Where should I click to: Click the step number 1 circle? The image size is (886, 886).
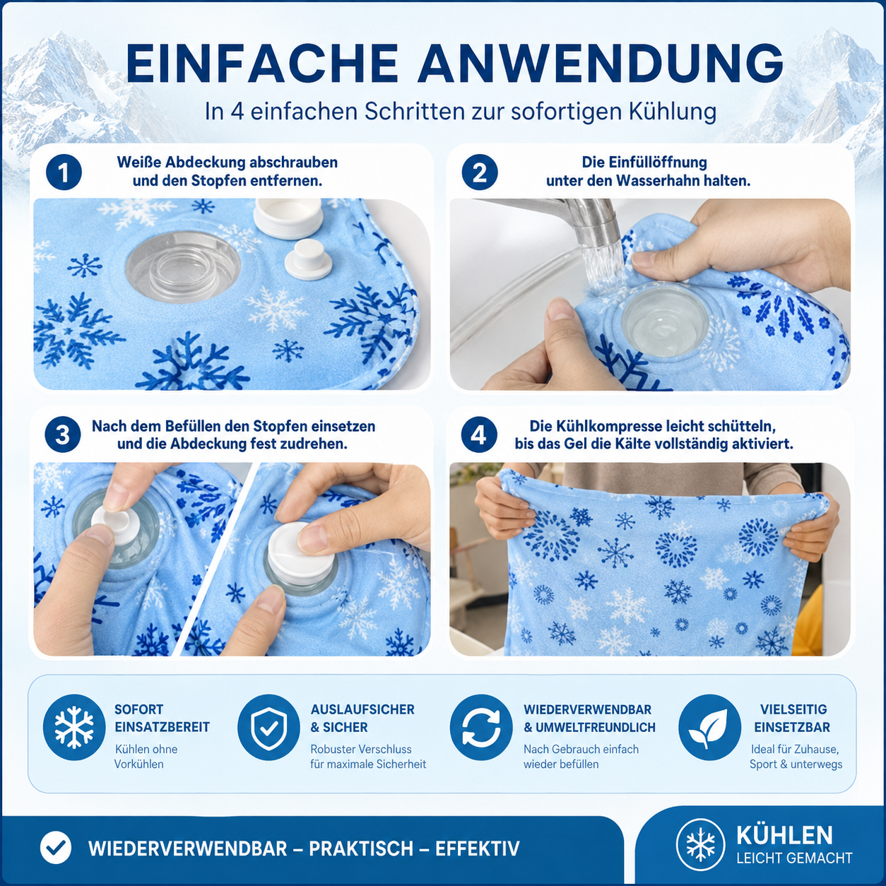click(x=64, y=172)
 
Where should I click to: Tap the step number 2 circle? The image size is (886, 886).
click(x=480, y=172)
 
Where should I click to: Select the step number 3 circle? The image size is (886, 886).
click(x=63, y=435)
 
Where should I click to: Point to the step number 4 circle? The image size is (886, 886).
click(x=478, y=435)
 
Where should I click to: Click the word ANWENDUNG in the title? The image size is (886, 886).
click(x=601, y=63)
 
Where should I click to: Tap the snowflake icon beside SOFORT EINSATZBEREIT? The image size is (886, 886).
click(x=74, y=727)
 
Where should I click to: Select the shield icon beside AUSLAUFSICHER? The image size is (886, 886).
click(x=268, y=727)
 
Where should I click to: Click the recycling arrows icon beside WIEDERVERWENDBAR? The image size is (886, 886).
click(x=481, y=727)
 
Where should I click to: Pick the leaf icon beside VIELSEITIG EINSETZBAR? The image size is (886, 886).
click(x=709, y=727)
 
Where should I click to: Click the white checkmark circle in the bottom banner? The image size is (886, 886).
click(x=56, y=848)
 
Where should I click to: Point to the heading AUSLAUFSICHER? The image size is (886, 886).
click(x=362, y=709)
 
